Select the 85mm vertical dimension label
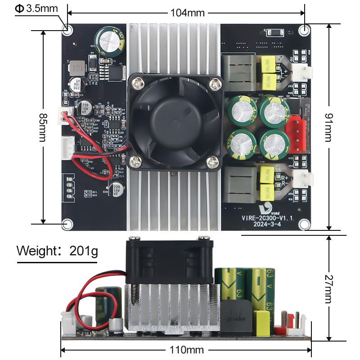point(43,127)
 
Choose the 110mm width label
point(186,350)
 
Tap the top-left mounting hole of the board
point(67,30)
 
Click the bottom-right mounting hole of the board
point(304,223)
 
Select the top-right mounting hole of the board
point(304,30)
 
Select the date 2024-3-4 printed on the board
point(267,225)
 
